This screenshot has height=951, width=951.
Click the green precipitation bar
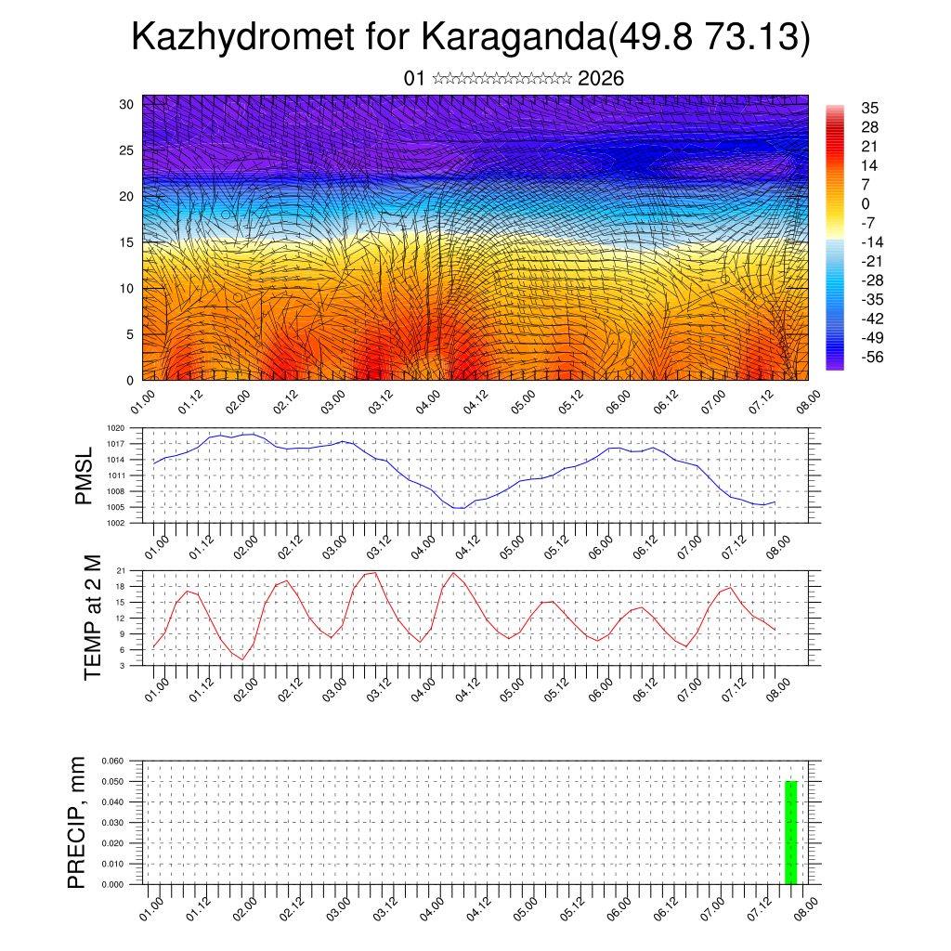pyautogui.click(x=791, y=833)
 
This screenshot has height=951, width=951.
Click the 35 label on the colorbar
pyautogui.click(x=869, y=109)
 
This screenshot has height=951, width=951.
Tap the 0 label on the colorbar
pyautogui.click(x=866, y=204)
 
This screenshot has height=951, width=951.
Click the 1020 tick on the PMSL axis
pyautogui.click(x=115, y=428)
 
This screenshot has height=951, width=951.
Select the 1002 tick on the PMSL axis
pyautogui.click(x=115, y=523)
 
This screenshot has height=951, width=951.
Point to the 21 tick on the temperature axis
pyautogui.click(x=121, y=570)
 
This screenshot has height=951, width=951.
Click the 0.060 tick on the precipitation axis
pyautogui.click(x=111, y=761)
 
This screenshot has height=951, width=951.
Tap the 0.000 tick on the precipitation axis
pyautogui.click(x=111, y=885)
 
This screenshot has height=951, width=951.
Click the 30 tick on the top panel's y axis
pyautogui.click(x=125, y=104)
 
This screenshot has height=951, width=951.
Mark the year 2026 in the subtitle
pyautogui.click(x=601, y=79)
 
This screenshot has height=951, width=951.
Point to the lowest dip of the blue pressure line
pyautogui.click(x=459, y=509)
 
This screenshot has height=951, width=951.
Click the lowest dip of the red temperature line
pyautogui.click(x=243, y=659)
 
